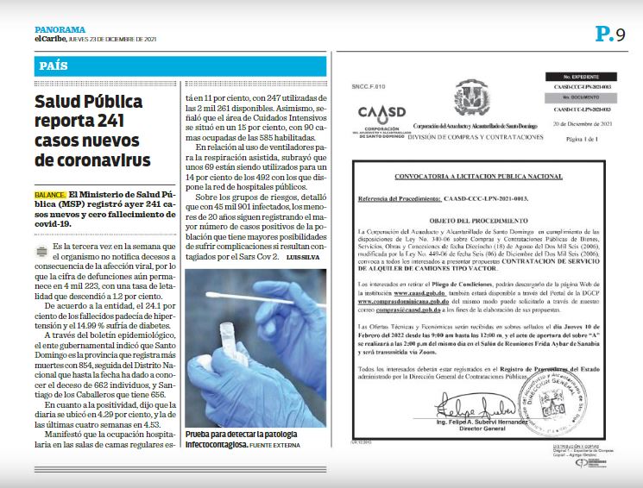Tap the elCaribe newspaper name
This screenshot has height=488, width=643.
coord(51,38)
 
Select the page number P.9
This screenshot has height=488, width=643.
coord(609,34)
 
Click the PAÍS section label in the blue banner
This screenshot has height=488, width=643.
coord(54,66)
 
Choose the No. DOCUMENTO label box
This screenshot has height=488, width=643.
coord(576,97)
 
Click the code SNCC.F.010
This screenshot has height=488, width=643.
coord(366,87)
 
